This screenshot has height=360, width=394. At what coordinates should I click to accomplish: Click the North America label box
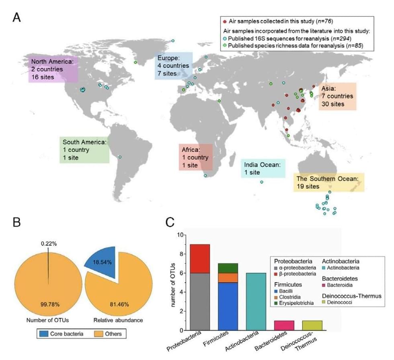coord(52,69)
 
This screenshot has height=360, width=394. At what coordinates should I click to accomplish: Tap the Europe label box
coord(174,66)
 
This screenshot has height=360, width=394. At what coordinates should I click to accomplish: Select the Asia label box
coord(337,96)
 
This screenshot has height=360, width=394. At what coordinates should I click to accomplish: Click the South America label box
coord(84,150)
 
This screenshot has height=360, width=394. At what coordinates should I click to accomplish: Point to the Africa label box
coord(195,157)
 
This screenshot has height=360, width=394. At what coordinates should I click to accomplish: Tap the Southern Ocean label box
coord(328,182)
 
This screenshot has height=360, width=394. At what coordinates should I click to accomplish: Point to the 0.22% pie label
coord(49,243)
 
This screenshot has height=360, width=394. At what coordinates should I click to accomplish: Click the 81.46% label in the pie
coord(120,304)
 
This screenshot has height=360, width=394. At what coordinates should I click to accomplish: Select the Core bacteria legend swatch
coord(47,333)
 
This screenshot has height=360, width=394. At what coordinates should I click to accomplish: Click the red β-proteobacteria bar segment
coord(200,259)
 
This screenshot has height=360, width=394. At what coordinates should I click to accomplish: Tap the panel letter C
coord(170,222)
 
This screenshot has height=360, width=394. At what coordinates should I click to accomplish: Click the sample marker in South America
coord(120,157)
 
